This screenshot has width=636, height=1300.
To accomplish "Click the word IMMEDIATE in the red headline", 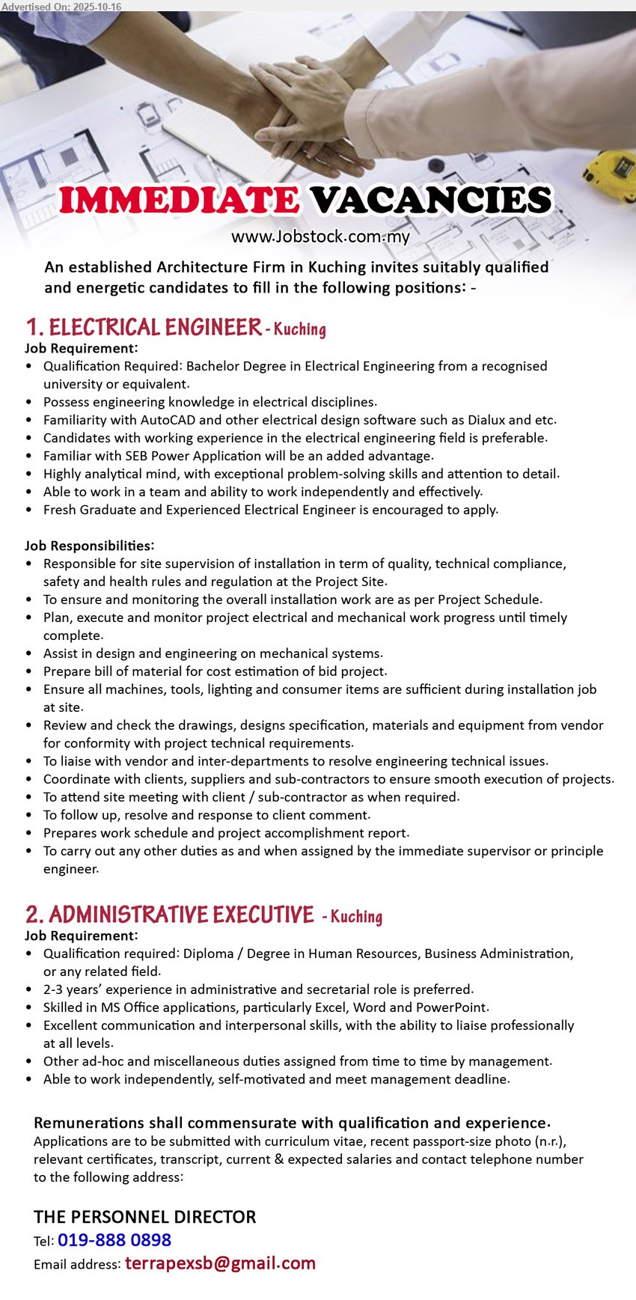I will coord(180,201).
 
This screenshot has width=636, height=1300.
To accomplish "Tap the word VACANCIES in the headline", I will coord(431,201).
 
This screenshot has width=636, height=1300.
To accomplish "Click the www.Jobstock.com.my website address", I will coord(320,237).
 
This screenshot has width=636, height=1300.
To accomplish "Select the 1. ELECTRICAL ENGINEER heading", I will coord(144,328).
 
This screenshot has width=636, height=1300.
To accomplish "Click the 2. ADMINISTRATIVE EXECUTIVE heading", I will coord(170,915).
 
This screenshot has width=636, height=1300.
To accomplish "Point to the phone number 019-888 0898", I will coord(114,1240).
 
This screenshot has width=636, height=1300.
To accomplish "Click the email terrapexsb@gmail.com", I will coord(220,1263).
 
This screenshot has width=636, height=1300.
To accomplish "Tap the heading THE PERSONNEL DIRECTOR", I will coord(144,1217).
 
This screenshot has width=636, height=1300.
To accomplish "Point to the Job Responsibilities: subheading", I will coord(89,546).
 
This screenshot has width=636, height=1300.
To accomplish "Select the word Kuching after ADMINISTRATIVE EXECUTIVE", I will coord(356,917).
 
